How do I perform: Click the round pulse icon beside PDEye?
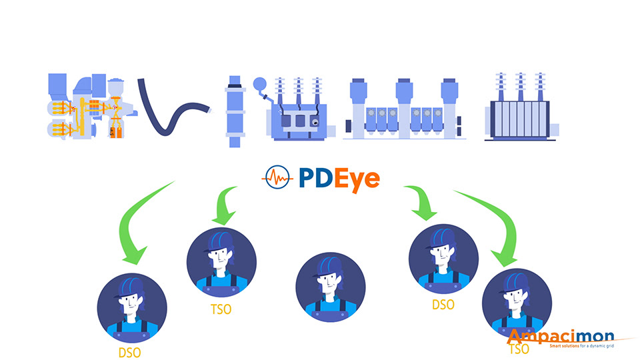click(x=278, y=178)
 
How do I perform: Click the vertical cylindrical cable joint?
click(x=234, y=110)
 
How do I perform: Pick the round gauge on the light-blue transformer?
click(x=259, y=85)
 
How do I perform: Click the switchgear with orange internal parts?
click(x=87, y=107)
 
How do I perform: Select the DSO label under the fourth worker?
click(x=443, y=305)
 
